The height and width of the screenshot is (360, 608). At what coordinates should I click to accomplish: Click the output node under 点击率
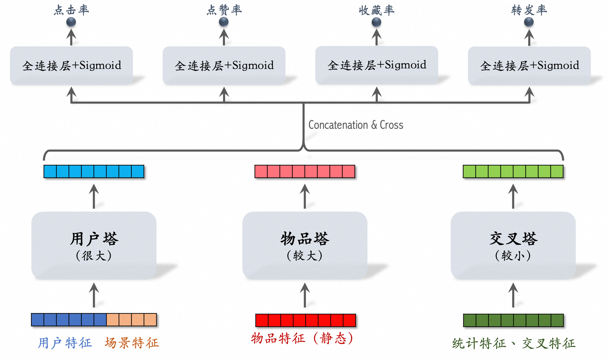coord(71,22)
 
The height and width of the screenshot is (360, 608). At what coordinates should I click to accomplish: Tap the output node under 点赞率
coord(224,22)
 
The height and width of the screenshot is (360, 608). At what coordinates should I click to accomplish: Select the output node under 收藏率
coord(376,22)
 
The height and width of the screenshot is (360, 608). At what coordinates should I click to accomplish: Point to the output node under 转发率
coord(529,22)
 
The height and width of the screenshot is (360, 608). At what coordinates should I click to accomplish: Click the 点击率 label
coord(71,10)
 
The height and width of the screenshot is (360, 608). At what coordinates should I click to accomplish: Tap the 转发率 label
coord(529,10)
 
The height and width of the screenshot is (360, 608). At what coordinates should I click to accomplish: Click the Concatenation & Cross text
coord(356,125)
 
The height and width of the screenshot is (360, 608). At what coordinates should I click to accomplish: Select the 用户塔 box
coord(94,245)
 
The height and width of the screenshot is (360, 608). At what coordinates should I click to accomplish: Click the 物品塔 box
coord(305,245)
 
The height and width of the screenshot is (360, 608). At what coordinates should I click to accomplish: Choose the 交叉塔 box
coord(513,245)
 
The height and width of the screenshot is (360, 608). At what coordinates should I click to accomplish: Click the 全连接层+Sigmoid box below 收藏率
coord(376,65)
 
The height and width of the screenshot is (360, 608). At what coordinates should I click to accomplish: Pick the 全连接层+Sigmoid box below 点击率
coord(71,66)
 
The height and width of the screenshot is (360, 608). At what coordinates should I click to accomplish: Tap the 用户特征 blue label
coord(65,343)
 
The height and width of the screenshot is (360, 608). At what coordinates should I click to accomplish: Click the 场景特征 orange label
coord(132,343)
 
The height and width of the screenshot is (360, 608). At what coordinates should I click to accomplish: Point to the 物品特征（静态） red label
coord(302,338)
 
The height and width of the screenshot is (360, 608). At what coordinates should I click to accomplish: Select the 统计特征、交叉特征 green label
coord(513,344)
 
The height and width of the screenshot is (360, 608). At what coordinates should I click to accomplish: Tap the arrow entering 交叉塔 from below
coord(513,295)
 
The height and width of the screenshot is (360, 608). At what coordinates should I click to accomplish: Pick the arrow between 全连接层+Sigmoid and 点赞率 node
coord(224,37)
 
